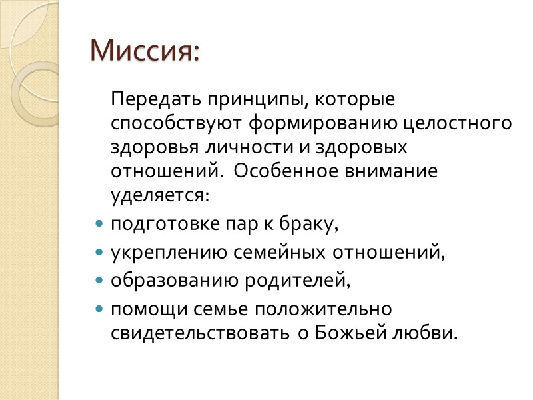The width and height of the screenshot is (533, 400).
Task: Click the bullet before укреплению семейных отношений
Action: [x=99, y=253]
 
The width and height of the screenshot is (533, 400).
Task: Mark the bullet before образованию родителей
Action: [x=99, y=281]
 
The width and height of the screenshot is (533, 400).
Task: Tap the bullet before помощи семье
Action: [x=99, y=310]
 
